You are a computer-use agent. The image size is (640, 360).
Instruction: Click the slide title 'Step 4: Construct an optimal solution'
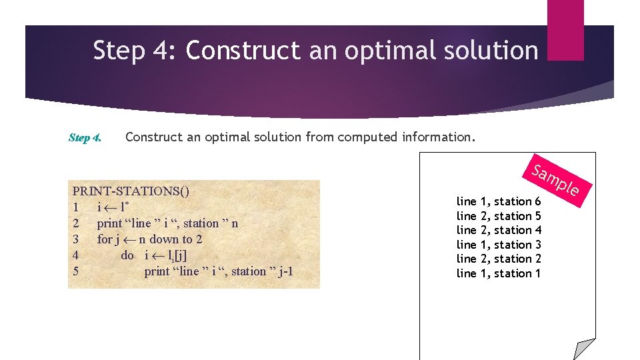(315, 51)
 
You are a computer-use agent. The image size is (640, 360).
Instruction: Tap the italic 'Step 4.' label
(85, 138)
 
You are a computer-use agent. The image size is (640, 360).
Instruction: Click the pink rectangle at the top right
(565, 29)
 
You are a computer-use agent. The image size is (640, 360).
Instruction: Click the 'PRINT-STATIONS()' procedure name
(131, 191)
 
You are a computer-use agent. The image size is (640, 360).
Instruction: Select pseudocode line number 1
(76, 207)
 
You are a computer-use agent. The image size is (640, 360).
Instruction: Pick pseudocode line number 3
(76, 239)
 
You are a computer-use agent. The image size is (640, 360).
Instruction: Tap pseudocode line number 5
(76, 271)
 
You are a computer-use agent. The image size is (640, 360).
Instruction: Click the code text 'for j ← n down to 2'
(149, 239)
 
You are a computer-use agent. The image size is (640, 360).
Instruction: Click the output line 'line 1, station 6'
(498, 201)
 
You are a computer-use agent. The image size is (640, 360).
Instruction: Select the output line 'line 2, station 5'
(498, 216)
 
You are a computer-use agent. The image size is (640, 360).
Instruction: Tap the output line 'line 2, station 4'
(498, 230)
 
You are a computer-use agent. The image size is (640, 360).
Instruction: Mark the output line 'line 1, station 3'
(498, 245)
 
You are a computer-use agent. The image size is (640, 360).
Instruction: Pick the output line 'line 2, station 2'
(498, 259)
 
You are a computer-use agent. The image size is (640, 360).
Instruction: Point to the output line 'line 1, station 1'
(498, 273)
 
